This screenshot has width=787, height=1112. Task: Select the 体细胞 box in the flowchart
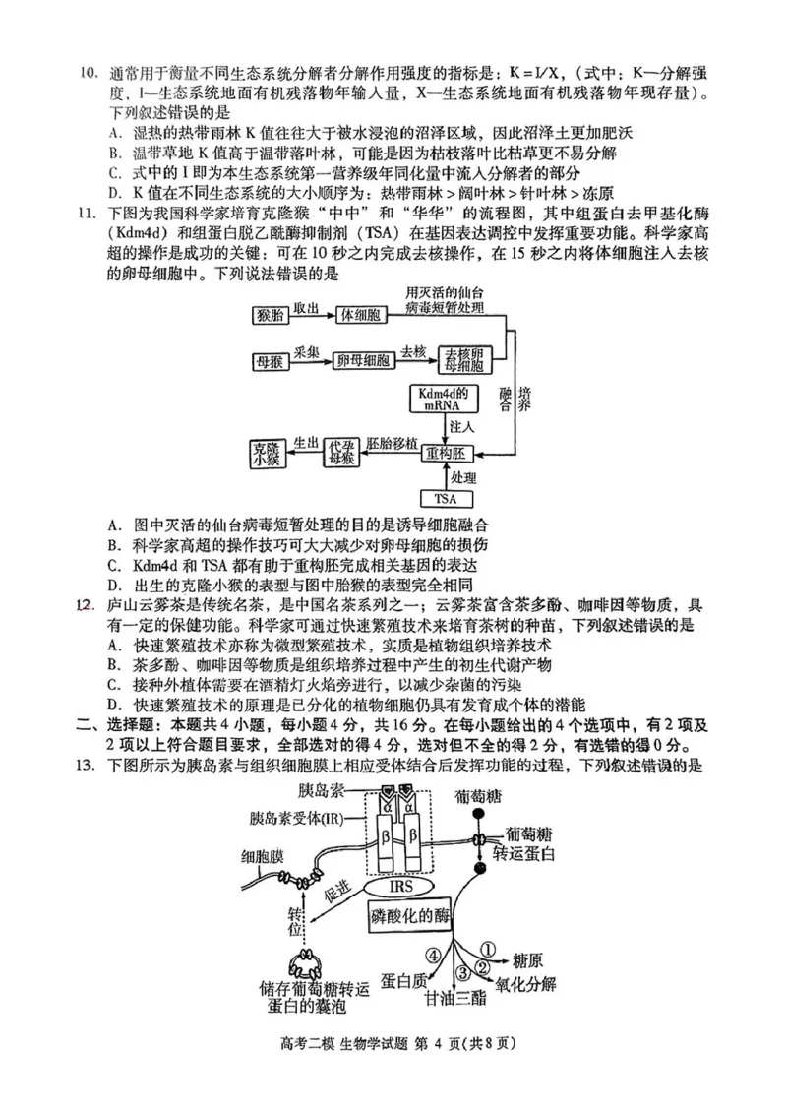click(x=360, y=315)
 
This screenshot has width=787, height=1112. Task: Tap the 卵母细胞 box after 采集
click(x=360, y=361)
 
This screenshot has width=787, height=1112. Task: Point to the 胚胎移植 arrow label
click(x=392, y=444)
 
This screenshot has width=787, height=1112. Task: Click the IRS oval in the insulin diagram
click(x=400, y=888)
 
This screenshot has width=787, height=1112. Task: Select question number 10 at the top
click(x=89, y=74)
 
